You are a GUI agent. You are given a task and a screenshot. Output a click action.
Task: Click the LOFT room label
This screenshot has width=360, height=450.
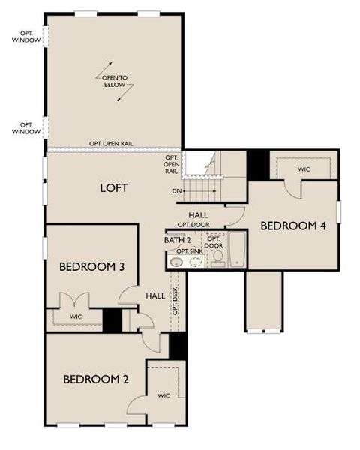[114, 188]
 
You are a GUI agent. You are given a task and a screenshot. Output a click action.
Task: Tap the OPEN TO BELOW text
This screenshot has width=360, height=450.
[115, 81]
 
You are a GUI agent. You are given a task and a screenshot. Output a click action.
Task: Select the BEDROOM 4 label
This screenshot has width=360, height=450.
[293, 225]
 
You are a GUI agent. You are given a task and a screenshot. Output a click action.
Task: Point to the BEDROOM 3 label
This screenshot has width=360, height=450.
[91, 266]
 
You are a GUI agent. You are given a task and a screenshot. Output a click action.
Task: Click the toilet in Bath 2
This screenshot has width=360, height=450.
[217, 259]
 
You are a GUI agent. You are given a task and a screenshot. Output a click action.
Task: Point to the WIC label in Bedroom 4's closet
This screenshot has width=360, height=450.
[303, 170]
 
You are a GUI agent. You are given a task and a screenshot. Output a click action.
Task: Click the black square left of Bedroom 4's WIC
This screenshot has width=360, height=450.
[259, 165]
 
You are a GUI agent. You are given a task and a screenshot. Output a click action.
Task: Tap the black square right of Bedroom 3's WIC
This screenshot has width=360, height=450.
[112, 320]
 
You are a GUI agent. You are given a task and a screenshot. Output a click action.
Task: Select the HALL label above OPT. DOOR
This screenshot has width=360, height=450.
[198, 215]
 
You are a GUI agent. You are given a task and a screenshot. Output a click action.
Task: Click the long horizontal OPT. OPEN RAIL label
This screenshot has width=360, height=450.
[111, 143]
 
